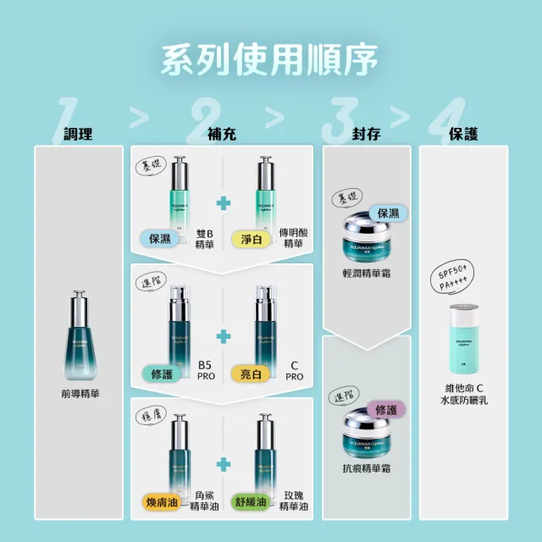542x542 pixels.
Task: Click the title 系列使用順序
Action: [x=270, y=59]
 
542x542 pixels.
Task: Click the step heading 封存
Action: [x=366, y=133]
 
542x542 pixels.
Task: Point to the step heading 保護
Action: [x=463, y=133]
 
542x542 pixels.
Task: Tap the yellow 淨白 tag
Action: [x=244, y=239]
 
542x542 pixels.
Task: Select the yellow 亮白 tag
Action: [x=244, y=373]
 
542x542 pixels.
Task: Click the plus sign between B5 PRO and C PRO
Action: [x=223, y=337]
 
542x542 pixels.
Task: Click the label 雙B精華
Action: [x=204, y=239]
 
